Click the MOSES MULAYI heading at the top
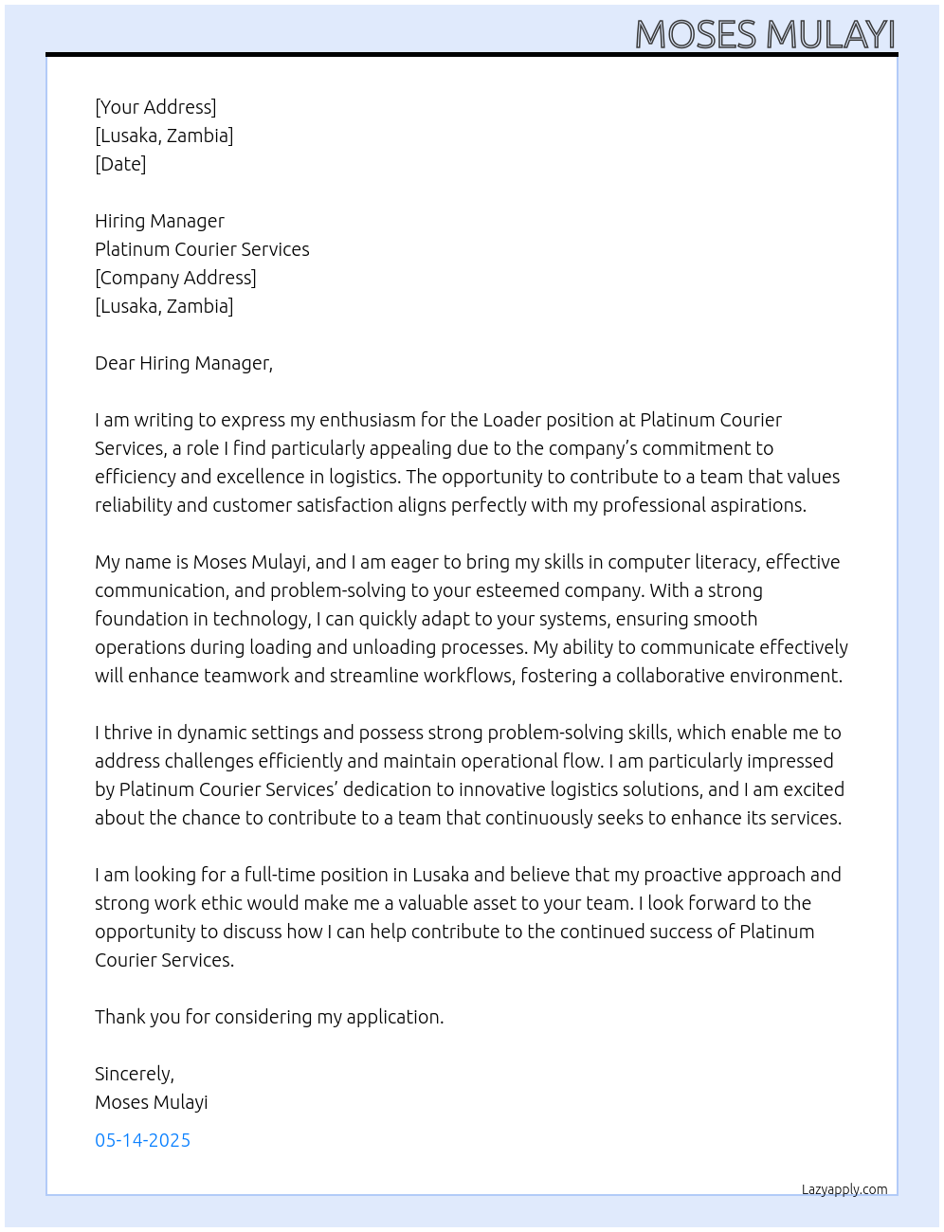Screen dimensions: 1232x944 tap(764, 34)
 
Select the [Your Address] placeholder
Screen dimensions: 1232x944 tap(155, 107)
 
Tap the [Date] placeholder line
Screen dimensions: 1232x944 tap(120, 164)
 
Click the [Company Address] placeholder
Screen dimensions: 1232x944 tap(175, 278)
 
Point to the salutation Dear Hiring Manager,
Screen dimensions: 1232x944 tap(184, 363)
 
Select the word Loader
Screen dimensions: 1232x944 tap(512, 420)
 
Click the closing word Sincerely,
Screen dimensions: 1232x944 tap(135, 1074)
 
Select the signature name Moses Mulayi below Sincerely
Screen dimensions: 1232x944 tap(151, 1102)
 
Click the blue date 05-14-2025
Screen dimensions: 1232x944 tap(142, 1140)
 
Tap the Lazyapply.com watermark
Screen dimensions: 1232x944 tap(844, 1189)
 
